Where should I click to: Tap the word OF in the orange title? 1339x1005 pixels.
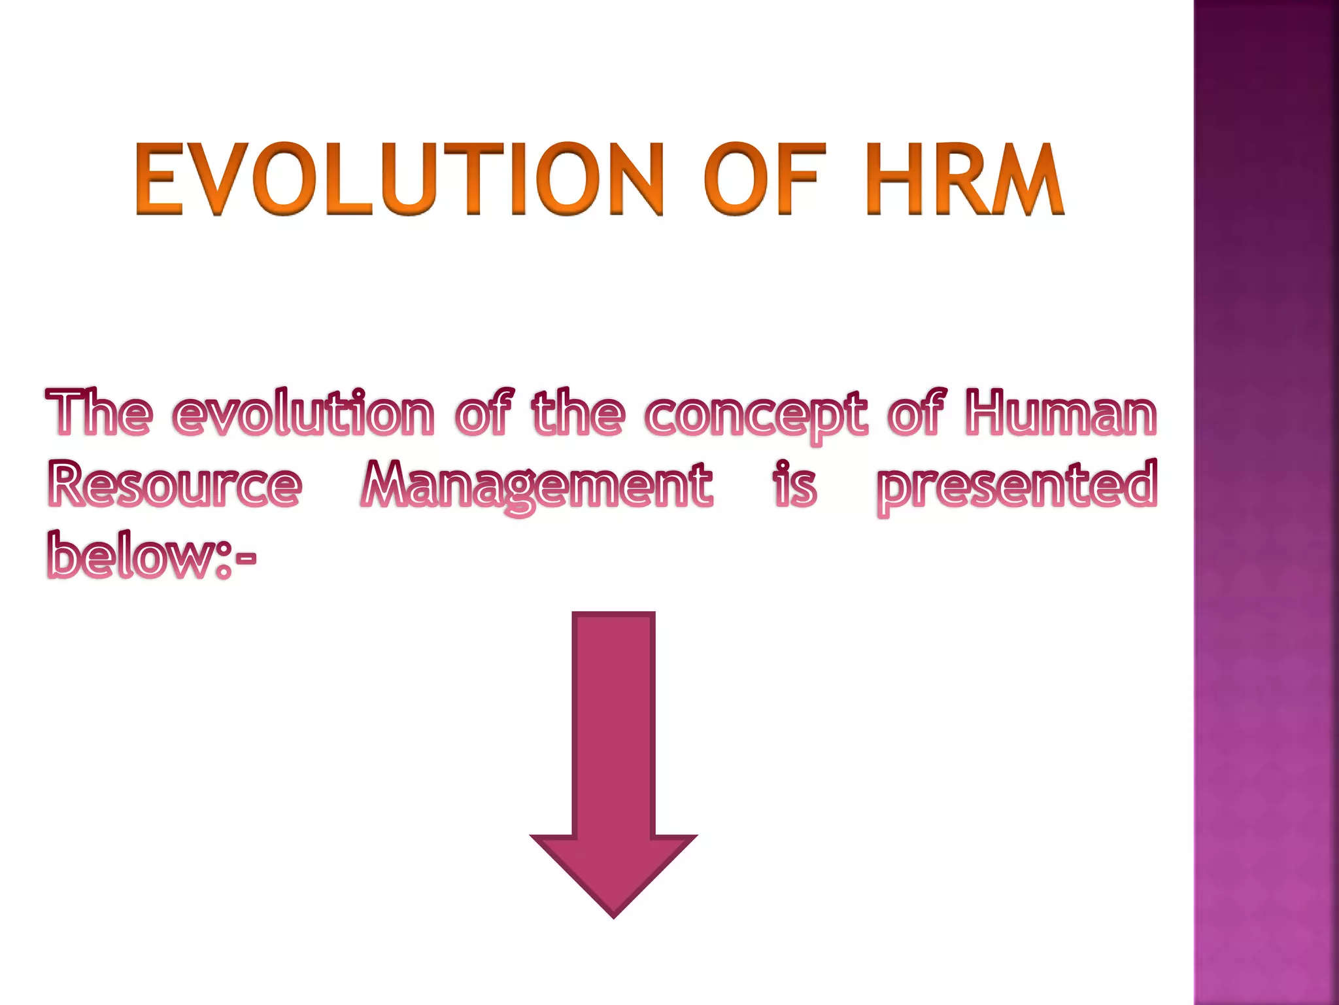coord(762,179)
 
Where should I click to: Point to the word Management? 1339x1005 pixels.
coord(536,488)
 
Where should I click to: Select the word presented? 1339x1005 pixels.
coord(1017,487)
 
